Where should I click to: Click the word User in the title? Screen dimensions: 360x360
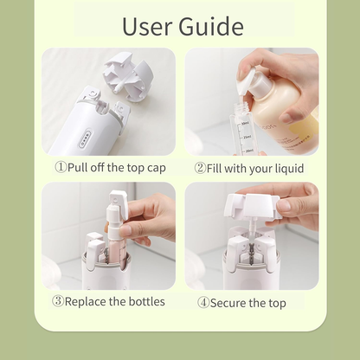click(x=149, y=26)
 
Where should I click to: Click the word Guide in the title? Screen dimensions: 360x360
click(x=211, y=26)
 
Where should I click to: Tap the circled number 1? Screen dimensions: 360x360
click(x=60, y=168)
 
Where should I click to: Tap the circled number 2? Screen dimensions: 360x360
click(x=200, y=168)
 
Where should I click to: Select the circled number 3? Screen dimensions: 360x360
click(x=58, y=302)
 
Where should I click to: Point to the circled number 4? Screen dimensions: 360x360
click(x=203, y=303)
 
